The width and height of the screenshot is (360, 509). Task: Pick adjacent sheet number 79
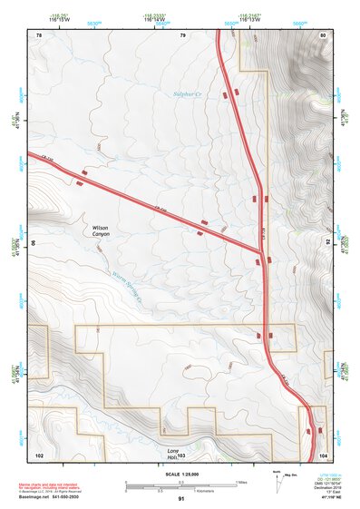click(x=181, y=34)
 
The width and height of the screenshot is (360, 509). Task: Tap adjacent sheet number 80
click(x=323, y=34)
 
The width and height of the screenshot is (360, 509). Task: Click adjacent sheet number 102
click(x=39, y=454)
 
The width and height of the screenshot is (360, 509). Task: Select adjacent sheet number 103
click(x=181, y=454)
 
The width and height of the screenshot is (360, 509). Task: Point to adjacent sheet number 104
click(x=323, y=454)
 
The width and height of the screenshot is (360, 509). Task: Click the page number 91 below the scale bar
click(x=181, y=499)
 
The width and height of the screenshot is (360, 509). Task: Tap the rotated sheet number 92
click(x=328, y=243)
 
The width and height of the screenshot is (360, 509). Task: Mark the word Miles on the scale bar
click(x=240, y=481)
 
